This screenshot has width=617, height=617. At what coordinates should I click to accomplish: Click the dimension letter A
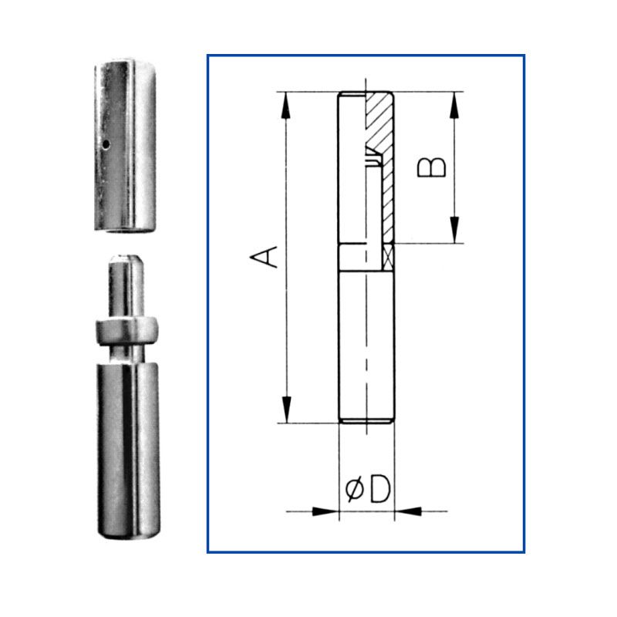pos(264,257)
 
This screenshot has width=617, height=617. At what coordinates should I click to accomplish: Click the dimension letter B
pos(432,167)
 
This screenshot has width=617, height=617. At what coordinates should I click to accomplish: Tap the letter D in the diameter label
pos(379,489)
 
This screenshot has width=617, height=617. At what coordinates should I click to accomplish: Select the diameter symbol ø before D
pos(355,490)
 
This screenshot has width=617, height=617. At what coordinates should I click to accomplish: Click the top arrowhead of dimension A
pos(286,105)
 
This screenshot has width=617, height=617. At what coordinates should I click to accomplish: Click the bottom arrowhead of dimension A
pos(286,410)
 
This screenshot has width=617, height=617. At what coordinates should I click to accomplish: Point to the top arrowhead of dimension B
pos(454,105)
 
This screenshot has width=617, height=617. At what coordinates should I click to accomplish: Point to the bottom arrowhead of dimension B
pos(454,230)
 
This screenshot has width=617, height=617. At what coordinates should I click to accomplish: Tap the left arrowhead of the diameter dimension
pos(325,511)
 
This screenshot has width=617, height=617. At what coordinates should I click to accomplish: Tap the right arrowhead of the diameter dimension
pos(408,511)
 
